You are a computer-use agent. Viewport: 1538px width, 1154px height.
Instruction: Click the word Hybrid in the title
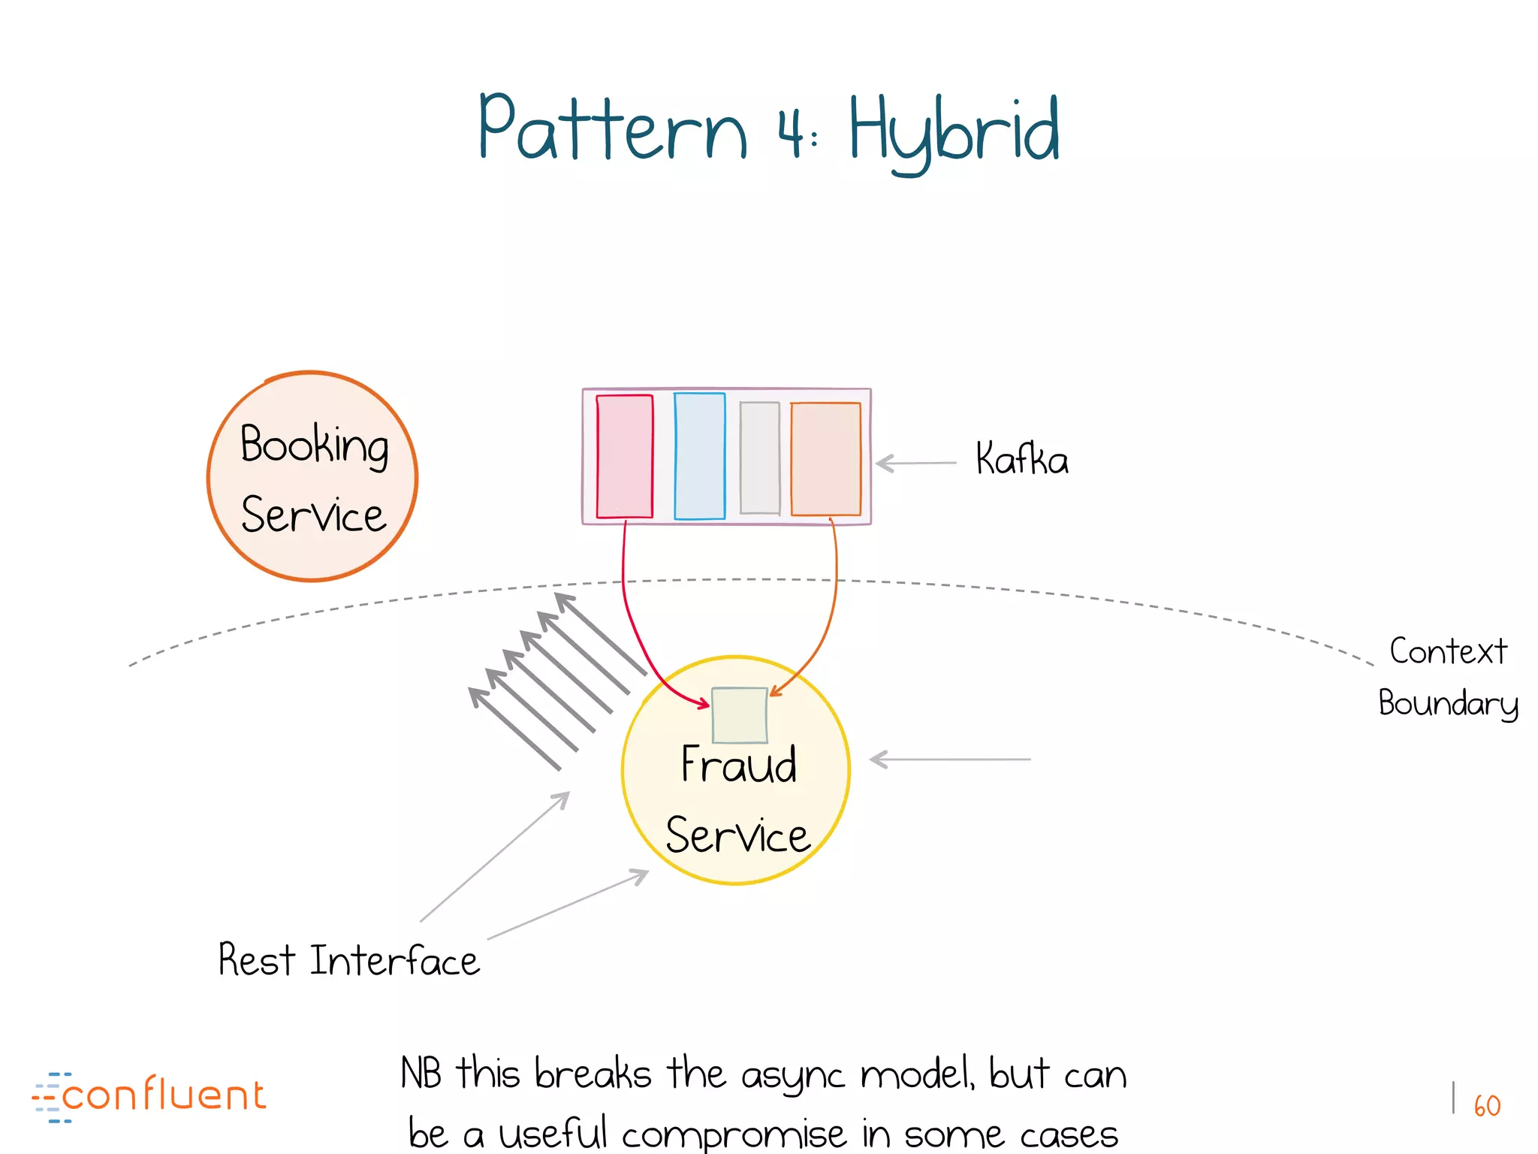point(954,131)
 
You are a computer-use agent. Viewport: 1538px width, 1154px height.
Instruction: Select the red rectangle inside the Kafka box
point(624,456)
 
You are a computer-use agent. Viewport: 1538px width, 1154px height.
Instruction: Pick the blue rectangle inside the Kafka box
point(699,456)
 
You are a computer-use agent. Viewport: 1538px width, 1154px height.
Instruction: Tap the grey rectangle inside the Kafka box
point(759,458)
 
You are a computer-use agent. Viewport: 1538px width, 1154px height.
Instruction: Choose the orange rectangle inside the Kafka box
point(825,458)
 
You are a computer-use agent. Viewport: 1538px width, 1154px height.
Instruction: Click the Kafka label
point(1021,459)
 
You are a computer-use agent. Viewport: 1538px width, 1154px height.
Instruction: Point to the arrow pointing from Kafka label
point(916,463)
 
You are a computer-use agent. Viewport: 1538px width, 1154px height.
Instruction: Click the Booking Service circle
point(312,476)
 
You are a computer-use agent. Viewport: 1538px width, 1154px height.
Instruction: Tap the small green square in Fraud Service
point(739,714)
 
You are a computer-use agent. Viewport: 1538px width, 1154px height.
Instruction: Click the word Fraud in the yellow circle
point(738,765)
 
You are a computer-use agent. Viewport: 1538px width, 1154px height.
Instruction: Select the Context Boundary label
point(1447,677)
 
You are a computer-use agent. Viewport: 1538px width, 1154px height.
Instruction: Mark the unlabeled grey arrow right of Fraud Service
point(950,760)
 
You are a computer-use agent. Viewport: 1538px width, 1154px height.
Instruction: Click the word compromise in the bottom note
point(734,1134)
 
